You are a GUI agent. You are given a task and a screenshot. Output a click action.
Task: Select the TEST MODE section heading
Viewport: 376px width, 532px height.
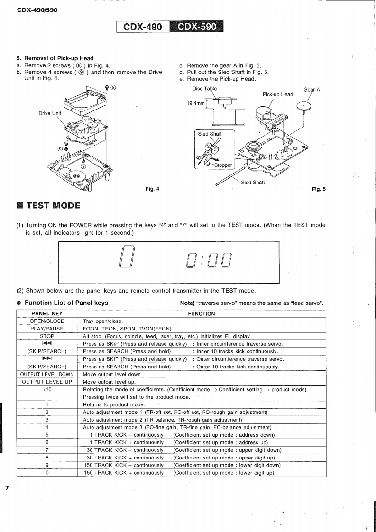pos(53,205)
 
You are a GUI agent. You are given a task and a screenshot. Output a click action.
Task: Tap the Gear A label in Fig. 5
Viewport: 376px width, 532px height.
pos(312,90)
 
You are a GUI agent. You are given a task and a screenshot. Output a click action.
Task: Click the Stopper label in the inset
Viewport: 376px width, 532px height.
pos(223,165)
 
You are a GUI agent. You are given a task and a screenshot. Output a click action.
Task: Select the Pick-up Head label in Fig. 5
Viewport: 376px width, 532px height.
pos(277,94)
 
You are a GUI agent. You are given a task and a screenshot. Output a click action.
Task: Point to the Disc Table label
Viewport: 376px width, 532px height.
pos(204,89)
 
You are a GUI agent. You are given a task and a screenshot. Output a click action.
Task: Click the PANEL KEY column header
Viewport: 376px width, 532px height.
pos(46,314)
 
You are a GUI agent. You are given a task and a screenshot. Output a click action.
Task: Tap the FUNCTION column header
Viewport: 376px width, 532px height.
pos(201,314)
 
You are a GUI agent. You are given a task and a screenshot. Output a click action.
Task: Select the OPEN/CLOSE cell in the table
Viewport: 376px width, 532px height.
pos(46,321)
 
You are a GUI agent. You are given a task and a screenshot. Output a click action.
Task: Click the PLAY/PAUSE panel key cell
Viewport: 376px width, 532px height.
pos(46,329)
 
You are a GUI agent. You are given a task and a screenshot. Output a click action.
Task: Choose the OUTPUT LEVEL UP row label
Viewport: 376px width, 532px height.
pos(46,382)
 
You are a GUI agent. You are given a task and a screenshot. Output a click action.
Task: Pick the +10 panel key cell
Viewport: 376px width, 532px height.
pos(46,389)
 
